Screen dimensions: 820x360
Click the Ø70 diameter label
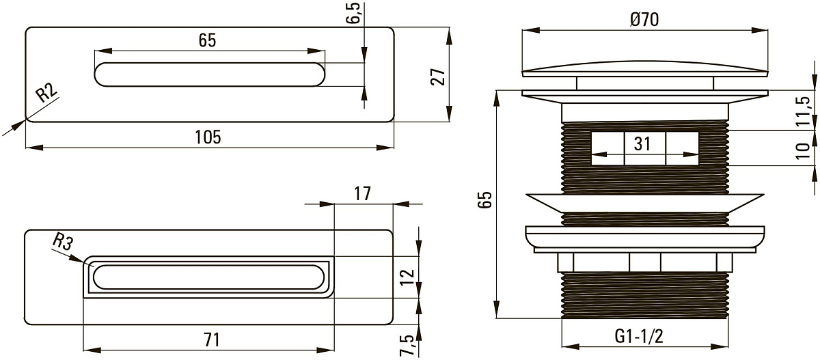[x=644, y=19]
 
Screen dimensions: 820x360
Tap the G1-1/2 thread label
[x=639, y=336]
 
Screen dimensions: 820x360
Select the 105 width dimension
[x=208, y=137]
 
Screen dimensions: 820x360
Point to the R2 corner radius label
[x=46, y=93]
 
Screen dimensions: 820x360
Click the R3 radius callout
[x=63, y=242]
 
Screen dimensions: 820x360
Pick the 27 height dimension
[x=438, y=77]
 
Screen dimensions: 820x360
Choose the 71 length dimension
[x=212, y=340]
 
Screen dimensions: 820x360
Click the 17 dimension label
[x=362, y=193]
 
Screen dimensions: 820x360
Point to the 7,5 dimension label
[x=409, y=346]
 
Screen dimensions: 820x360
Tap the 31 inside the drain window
[x=642, y=143]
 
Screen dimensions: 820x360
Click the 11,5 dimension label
[x=804, y=111]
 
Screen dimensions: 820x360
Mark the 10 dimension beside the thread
[x=803, y=151]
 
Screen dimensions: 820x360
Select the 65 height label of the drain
[x=485, y=199]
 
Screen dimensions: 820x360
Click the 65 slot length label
[x=208, y=40]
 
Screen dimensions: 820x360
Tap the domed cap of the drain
[x=644, y=69]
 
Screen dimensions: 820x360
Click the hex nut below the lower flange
[x=645, y=262]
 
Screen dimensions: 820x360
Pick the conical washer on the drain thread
[x=644, y=203]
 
